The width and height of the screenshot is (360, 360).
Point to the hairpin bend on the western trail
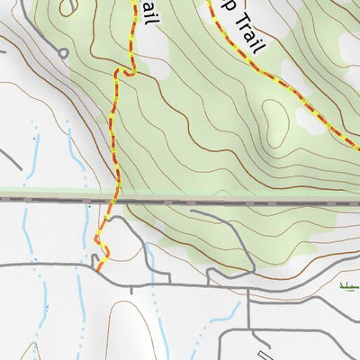click(x=127, y=71)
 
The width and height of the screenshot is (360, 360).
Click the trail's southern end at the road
click(x=97, y=267)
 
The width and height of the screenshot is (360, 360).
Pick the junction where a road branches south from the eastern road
click(x=249, y=293)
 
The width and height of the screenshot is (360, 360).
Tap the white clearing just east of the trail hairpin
click(x=161, y=68)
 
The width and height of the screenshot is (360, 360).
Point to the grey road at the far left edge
click(x=9, y=157)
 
